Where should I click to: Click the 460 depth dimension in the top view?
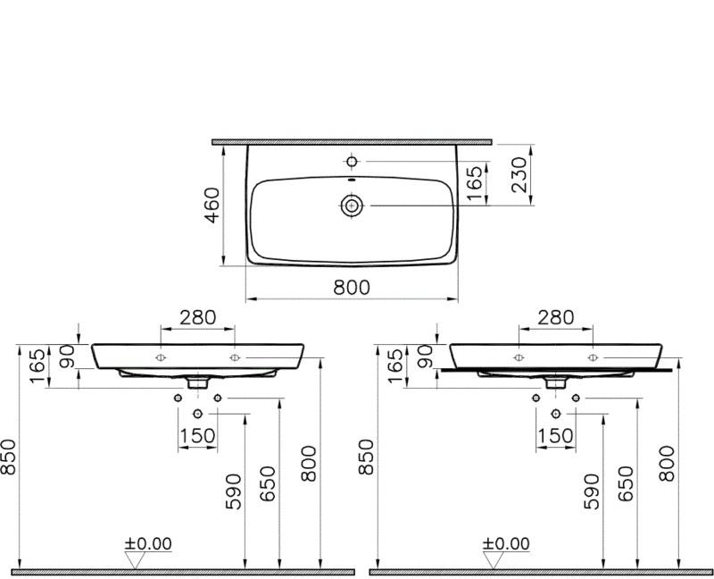213,206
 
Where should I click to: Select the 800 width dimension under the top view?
352,287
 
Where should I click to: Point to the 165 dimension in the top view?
477,183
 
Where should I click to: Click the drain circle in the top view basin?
352,206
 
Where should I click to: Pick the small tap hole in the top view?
352,162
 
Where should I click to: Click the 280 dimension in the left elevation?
197,317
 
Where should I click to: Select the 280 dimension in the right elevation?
555,317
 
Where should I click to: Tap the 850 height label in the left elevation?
9,457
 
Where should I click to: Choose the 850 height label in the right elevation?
366,457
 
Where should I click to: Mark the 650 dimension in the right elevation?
626,483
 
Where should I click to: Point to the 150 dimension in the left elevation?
197,435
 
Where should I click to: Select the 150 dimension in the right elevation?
555,435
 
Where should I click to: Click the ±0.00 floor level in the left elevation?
148,543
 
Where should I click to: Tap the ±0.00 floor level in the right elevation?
506,543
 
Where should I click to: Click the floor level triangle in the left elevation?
136,559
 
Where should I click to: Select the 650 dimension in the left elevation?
269,483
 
